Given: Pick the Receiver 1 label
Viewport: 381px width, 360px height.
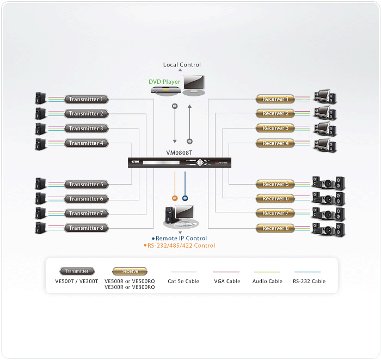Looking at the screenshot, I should point(275,99).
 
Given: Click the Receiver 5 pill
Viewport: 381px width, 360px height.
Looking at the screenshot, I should point(275,184).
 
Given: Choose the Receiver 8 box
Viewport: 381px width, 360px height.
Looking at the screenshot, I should point(275,228).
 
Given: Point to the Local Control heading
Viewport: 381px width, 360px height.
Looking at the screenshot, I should point(182,65).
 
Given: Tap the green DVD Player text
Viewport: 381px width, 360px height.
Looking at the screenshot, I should point(164,82).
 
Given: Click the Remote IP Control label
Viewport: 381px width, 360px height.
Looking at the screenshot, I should point(181,239).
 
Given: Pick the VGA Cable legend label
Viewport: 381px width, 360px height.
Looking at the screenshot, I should point(226,281).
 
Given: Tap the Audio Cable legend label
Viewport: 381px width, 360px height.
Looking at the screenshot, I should point(267,281).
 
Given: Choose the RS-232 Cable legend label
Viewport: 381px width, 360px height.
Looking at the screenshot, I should point(309,281).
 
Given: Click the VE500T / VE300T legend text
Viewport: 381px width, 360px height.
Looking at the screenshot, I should point(77,281).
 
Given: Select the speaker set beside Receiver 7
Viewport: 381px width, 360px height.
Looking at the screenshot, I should point(328,213).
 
